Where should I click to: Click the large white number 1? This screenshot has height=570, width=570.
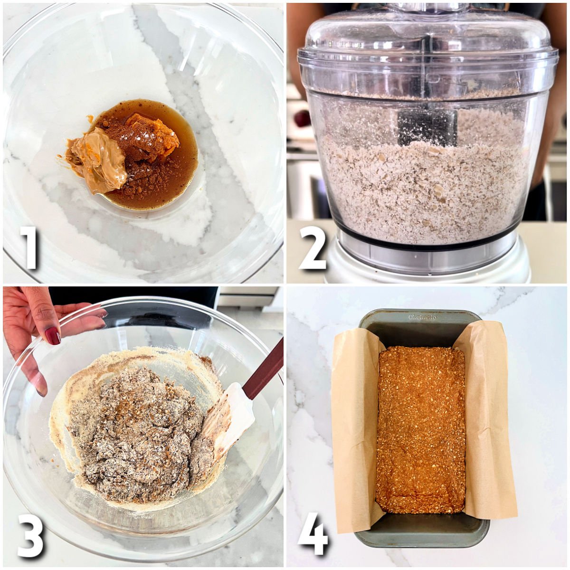tap(29, 247)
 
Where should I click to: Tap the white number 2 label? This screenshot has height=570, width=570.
tap(313, 247)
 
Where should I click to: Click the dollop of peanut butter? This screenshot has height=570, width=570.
tap(97, 164)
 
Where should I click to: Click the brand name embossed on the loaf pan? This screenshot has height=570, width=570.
tap(422, 317)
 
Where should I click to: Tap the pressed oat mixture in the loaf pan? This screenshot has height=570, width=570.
tap(420, 427)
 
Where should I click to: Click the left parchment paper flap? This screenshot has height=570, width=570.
tap(354, 427)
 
